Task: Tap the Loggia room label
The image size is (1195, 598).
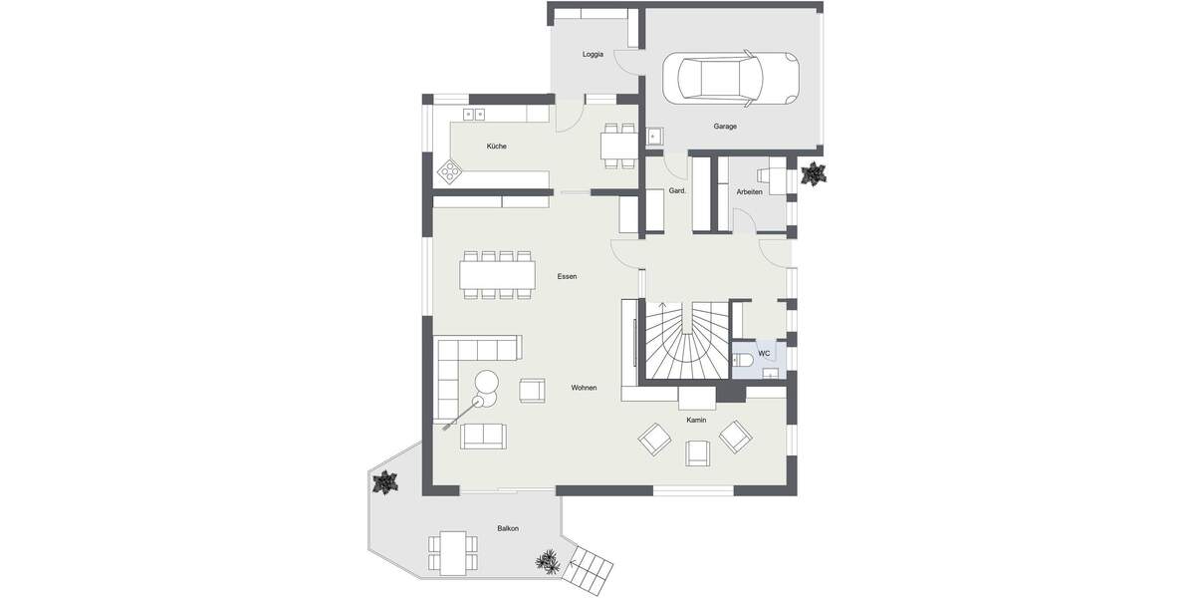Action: tap(593, 54)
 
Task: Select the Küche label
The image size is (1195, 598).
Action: tap(496, 147)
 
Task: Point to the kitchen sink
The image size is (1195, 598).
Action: tap(473, 116)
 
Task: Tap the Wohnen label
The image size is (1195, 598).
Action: tap(584, 387)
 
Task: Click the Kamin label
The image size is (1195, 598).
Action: tap(696, 421)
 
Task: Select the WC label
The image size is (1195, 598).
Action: tap(764, 353)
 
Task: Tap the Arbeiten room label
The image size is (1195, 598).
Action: tap(749, 191)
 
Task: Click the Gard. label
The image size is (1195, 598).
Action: tap(677, 191)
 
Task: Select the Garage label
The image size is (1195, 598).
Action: tap(725, 127)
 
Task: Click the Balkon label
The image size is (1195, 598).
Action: tap(508, 528)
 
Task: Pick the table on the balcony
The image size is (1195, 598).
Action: tap(453, 550)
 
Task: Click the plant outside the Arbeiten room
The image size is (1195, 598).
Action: tap(814, 174)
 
